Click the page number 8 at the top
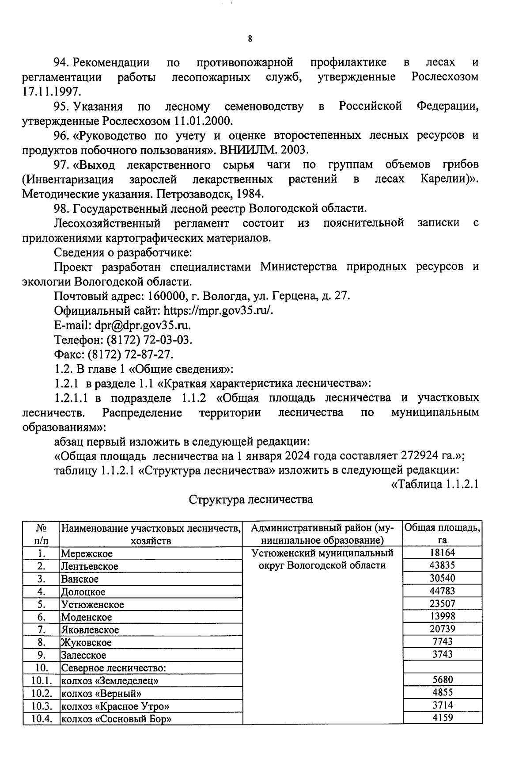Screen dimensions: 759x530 [250, 39]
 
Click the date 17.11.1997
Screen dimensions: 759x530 [52, 92]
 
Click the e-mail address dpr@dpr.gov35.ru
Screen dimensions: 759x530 [143, 325]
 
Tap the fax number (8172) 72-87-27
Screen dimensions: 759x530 [131, 355]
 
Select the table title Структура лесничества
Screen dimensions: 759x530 [251, 500]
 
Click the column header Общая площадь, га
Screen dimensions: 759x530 [442, 534]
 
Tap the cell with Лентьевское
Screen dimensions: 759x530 [90, 566]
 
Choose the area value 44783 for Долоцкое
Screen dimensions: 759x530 [442, 591]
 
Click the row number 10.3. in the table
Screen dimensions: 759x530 [42, 706]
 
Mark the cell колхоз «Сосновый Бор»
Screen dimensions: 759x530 [116, 719]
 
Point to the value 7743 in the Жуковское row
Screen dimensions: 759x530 [442, 641]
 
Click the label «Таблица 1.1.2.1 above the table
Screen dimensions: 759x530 [435, 485]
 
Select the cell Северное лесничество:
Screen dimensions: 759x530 [113, 668]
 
